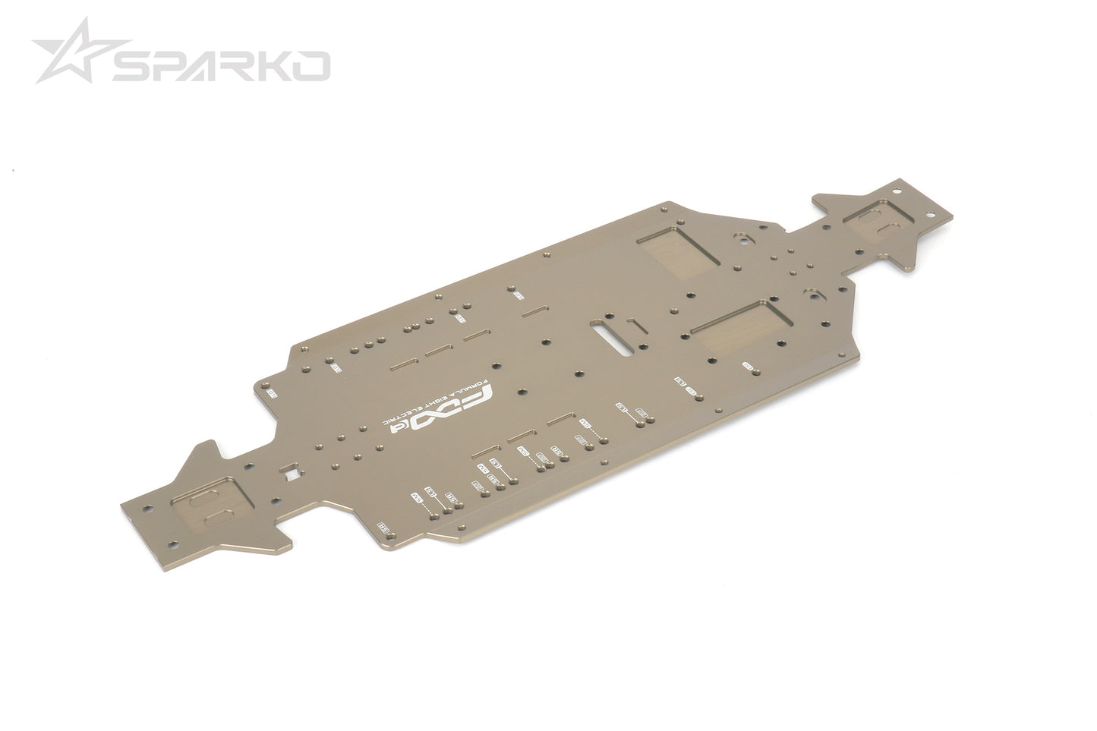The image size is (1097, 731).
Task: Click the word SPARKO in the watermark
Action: coord(221,66)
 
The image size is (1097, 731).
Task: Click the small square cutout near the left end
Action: coord(289,475)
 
